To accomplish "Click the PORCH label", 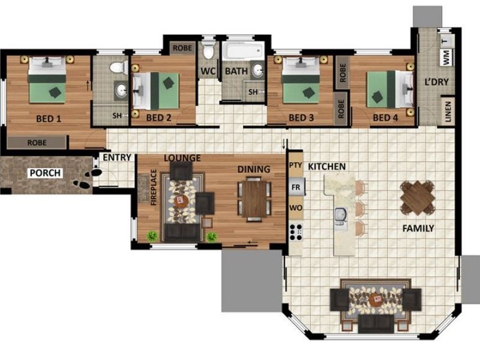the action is coord(45,173).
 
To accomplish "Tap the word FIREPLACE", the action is coord(154,187).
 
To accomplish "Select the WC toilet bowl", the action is coord(208,51).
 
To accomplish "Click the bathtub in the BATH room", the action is coord(243,51).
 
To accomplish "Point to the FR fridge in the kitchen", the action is coord(296,187).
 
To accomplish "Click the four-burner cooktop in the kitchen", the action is coord(296,232).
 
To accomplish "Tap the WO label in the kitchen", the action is coord(296,208).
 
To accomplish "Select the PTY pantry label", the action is coord(296,165).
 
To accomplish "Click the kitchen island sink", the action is coord(341,218).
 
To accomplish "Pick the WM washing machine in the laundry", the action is coord(446,57).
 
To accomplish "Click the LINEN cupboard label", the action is coord(448,112).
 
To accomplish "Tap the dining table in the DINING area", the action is coord(254,199).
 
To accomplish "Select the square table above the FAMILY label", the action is coord(417,197).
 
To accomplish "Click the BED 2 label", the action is coord(158,118).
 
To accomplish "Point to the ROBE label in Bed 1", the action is coord(37,143).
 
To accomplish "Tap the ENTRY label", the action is coord(117,158).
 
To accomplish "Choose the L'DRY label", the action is coord(437,82).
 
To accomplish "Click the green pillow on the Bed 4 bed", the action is coord(376,97).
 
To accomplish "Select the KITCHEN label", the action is coord(326,167).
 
